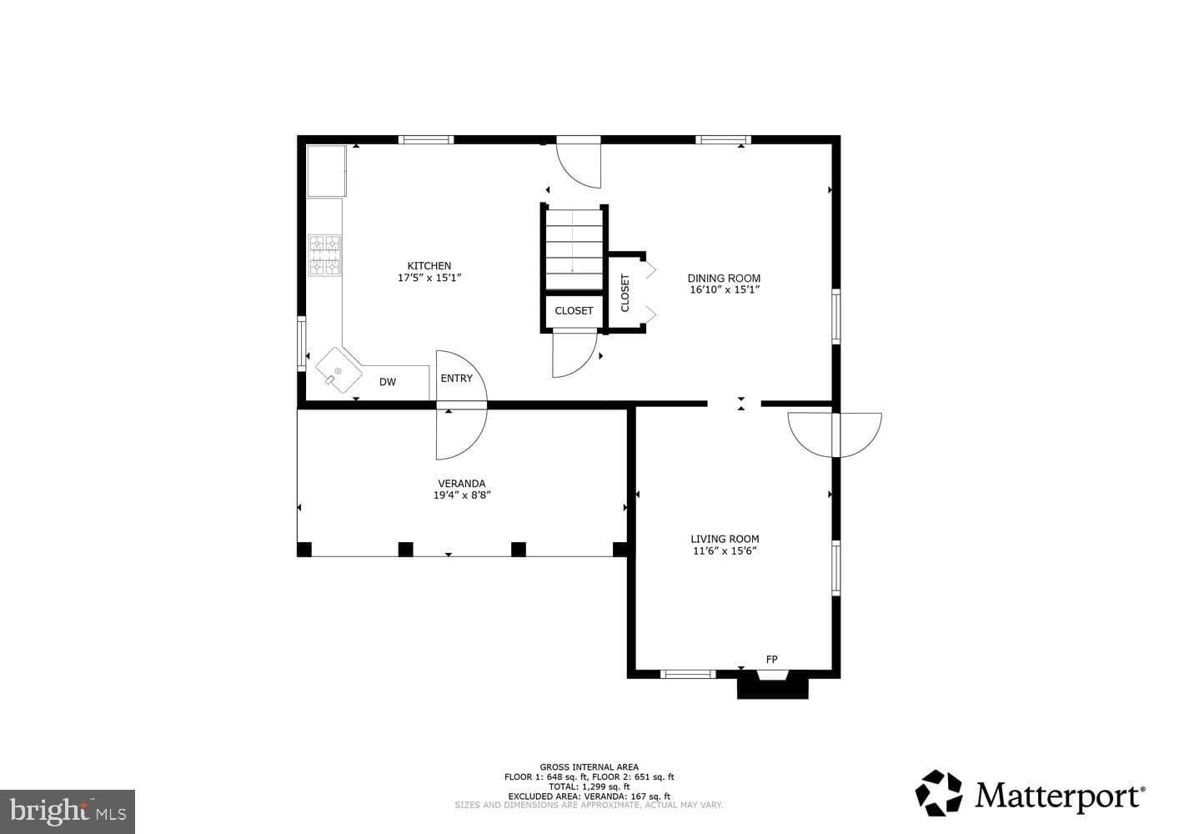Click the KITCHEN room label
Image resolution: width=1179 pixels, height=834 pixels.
(429, 266)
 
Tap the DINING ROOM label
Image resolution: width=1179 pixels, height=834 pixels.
(724, 278)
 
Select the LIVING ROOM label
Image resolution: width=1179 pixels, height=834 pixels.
(725, 539)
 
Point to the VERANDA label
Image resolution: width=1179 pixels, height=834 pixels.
(462, 484)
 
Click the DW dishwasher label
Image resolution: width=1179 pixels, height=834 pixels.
(388, 382)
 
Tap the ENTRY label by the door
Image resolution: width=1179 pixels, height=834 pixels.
(456, 378)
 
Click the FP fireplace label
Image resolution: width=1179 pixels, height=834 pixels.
(771, 659)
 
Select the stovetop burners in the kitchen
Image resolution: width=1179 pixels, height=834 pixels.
(324, 255)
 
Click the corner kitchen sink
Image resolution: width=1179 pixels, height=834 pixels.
(339, 370)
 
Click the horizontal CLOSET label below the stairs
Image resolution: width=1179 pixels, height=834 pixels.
(574, 310)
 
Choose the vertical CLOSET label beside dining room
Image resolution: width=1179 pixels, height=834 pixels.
(625, 293)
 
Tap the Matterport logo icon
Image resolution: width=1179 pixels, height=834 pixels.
(939, 793)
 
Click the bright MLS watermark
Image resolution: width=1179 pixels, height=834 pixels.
(68, 811)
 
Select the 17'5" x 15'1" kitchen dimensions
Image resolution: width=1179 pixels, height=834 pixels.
(429, 278)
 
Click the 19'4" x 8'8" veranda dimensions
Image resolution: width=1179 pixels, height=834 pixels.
(462, 495)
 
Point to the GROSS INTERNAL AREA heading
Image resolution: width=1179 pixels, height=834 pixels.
(589, 767)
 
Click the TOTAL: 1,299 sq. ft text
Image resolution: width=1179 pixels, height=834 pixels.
(589, 786)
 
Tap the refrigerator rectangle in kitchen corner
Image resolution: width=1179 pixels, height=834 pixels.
(327, 171)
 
